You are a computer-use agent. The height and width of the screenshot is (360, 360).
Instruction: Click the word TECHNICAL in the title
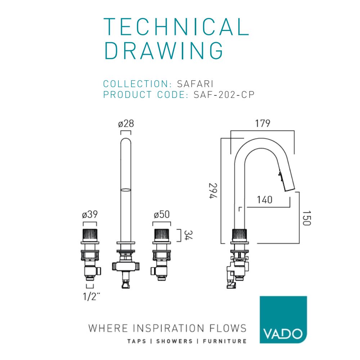click(176, 27)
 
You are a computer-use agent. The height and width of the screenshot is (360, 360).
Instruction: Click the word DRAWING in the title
click(164, 50)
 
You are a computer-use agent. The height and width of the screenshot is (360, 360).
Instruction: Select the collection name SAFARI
click(195, 84)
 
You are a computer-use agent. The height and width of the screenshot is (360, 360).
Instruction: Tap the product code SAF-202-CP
click(224, 95)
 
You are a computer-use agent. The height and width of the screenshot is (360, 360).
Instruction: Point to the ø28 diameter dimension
click(126, 124)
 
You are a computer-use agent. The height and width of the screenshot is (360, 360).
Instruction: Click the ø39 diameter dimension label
click(90, 215)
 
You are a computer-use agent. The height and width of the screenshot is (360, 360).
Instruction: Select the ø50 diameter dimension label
click(162, 215)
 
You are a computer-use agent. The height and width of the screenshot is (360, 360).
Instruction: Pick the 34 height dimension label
click(188, 235)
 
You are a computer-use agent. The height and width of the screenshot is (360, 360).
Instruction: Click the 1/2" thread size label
click(91, 296)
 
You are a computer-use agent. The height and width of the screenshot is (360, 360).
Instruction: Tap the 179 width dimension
click(263, 123)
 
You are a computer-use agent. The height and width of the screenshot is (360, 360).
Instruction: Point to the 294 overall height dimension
click(213, 191)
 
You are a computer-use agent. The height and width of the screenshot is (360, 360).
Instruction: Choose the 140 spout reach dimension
click(265, 200)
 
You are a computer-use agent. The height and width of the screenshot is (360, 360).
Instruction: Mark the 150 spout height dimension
click(307, 218)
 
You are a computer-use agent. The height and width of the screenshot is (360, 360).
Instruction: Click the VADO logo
click(283, 320)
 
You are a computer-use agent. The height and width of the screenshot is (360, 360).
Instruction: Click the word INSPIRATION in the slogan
click(168, 328)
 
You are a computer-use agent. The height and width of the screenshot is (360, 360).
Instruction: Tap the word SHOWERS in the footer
click(175, 341)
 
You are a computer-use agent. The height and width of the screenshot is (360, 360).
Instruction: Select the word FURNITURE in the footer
click(225, 341)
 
